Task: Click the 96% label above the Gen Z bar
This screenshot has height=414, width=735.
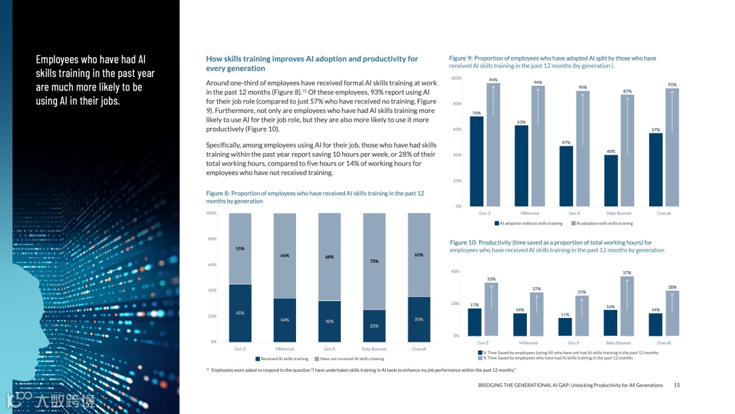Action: coord(493,80)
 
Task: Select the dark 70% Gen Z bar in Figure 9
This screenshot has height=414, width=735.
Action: coord(476,161)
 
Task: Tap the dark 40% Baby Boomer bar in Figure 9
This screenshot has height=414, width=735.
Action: coord(611,180)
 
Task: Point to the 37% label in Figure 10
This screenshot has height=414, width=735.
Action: coord(627,272)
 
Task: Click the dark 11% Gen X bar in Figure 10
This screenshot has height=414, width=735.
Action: coord(565,327)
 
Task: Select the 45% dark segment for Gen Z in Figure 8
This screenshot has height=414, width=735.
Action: coord(240,313)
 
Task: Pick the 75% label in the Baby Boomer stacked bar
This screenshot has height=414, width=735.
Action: coord(374,261)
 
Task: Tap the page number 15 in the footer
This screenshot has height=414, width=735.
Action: coord(676,385)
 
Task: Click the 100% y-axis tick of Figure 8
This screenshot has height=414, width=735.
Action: coord(211,213)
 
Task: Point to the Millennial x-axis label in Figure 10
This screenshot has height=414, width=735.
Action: coord(528,343)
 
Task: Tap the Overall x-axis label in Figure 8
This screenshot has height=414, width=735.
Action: coord(419,349)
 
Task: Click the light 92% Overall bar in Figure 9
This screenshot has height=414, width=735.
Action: coord(672,147)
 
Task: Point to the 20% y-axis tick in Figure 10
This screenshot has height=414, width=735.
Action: coord(455,304)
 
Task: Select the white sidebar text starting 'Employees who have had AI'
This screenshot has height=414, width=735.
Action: coord(95,80)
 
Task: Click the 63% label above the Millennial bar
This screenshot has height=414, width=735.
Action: coord(521,122)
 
